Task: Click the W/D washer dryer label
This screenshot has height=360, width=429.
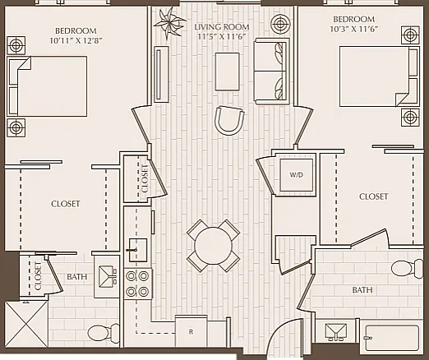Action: coord(297,175)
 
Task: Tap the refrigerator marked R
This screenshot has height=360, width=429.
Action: coord(191,331)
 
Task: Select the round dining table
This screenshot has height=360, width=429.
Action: coord(213,246)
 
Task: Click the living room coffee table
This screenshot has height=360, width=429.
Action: coord(227,72)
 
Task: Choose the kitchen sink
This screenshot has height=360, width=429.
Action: coord(138,250)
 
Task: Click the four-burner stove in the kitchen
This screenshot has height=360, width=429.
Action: coord(137,284)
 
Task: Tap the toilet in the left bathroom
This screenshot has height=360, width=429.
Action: coord(104,333)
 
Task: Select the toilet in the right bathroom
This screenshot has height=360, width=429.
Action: coord(407,268)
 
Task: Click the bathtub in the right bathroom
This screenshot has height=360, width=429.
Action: coord(391,338)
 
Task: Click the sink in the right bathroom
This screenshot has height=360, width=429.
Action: coord(336,331)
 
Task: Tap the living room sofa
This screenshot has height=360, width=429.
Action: coord(272,72)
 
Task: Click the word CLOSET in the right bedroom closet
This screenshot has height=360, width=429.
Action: coord(373,196)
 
